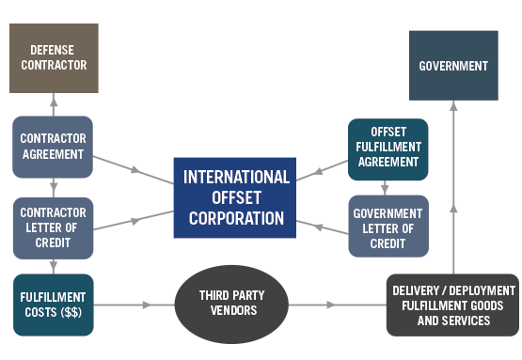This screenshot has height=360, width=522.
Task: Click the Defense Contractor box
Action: pyautogui.click(x=54, y=58)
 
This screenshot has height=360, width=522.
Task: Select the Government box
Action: pyautogui.click(x=453, y=65)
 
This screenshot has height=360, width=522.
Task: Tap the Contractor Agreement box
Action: pyautogui.click(x=54, y=147)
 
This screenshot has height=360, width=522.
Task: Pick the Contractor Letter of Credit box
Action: pyautogui.click(x=54, y=227)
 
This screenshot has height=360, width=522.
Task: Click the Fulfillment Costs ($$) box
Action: pyautogui.click(x=54, y=304)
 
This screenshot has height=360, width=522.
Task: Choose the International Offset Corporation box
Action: pyautogui.click(x=236, y=197)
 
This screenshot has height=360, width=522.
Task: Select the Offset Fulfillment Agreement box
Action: pyautogui.click(x=388, y=147)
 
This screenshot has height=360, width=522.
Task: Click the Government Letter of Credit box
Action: pyautogui.click(x=388, y=226)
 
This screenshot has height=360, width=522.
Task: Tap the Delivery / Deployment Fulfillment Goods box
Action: pyautogui.click(x=453, y=305)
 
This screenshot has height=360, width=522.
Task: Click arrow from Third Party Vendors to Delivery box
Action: pyautogui.click(x=329, y=305)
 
